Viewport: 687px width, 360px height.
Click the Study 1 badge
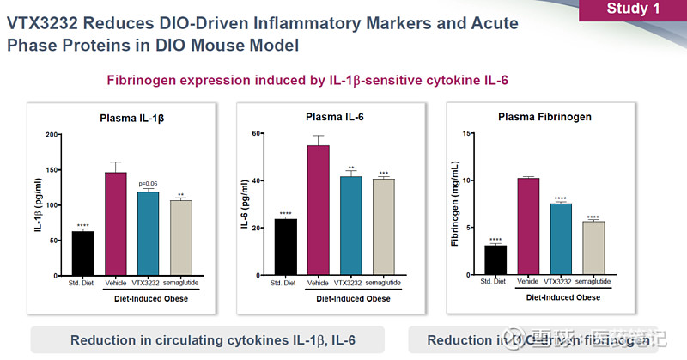[633, 10]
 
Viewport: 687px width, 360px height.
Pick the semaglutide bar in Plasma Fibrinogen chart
[593, 249]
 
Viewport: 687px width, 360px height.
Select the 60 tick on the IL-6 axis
[256, 133]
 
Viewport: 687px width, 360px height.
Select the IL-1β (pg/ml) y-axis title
[38, 206]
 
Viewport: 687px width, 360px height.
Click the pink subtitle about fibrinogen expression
[307, 80]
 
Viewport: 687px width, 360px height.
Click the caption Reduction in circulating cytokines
[212, 339]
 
